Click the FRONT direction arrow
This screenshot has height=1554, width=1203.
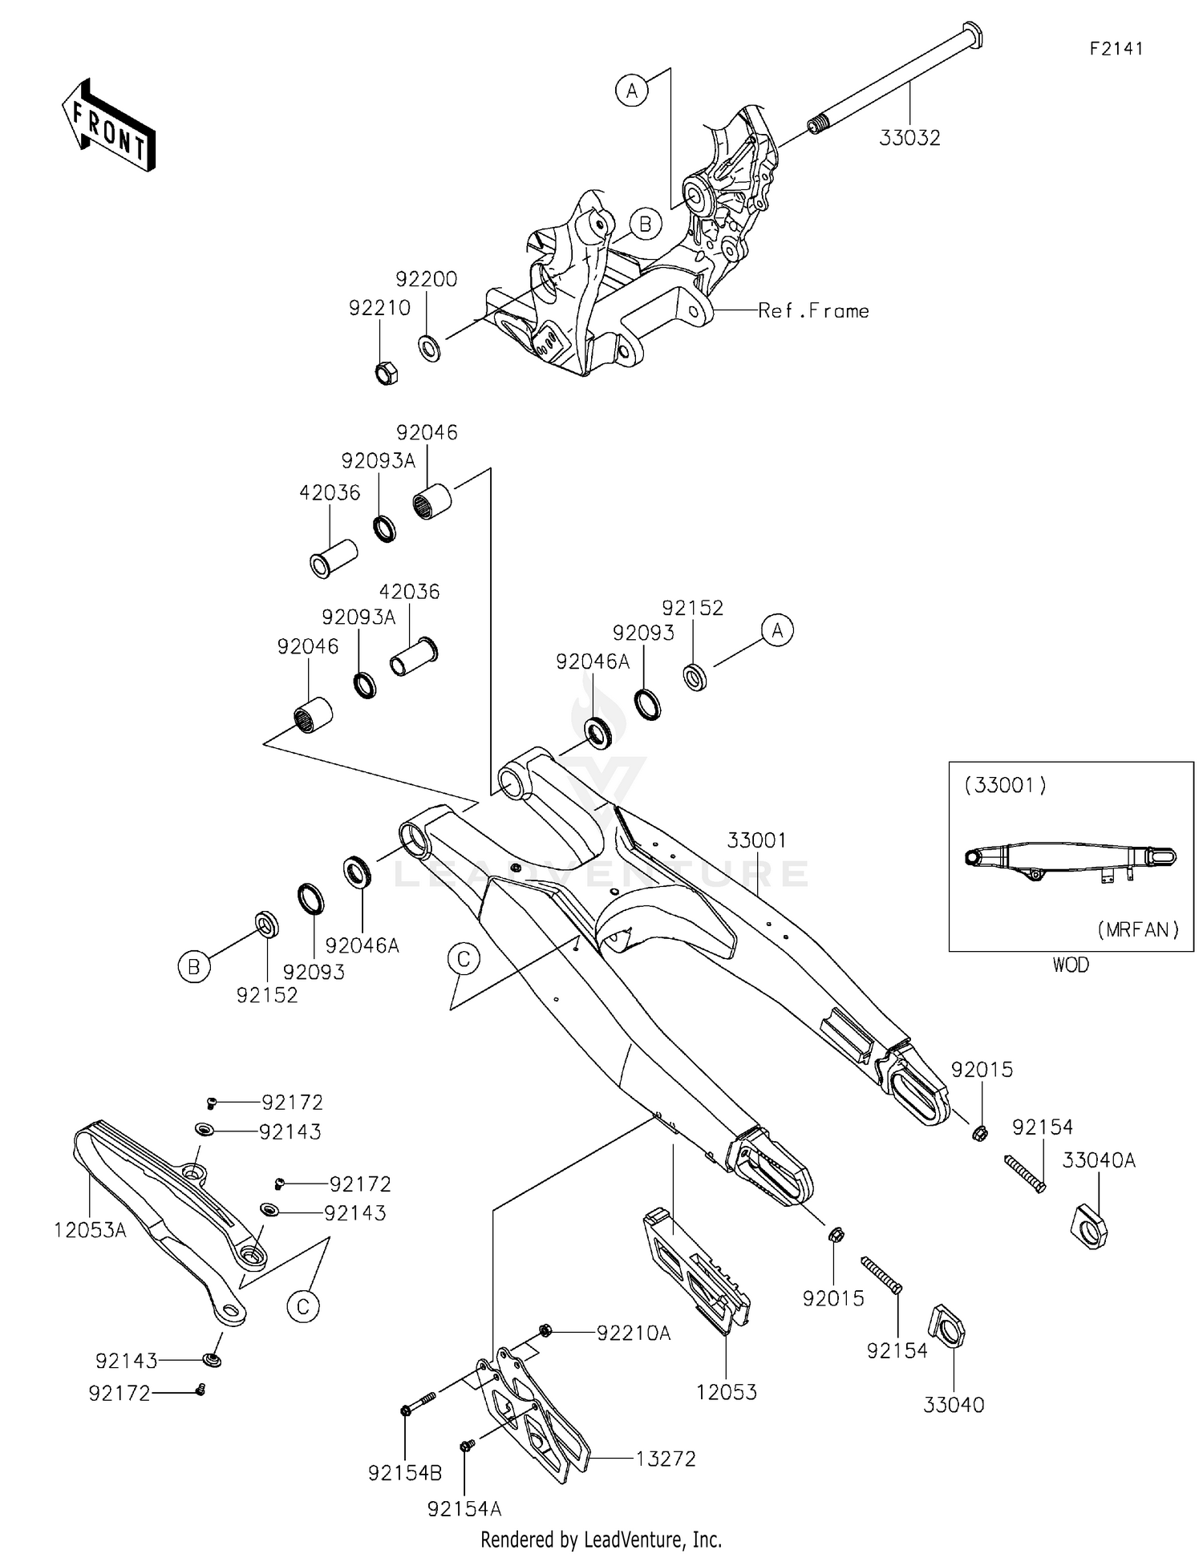(108, 126)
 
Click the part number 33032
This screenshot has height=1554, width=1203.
(909, 138)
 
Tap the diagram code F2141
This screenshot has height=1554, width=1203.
(1116, 49)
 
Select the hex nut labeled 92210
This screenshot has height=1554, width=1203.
(387, 372)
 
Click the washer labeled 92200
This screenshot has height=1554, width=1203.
(429, 348)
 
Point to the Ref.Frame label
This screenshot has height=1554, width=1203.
(813, 311)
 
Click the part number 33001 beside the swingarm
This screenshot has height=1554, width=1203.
(757, 840)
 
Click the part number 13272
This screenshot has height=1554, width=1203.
(666, 1459)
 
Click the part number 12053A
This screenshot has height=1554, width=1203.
(90, 1230)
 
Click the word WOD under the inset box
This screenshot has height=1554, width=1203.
(1071, 965)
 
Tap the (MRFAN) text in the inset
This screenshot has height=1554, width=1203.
(1137, 929)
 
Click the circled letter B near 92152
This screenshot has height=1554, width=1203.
(193, 967)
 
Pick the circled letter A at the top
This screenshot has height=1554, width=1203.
(632, 91)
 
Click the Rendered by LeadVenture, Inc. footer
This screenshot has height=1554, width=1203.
(601, 1540)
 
